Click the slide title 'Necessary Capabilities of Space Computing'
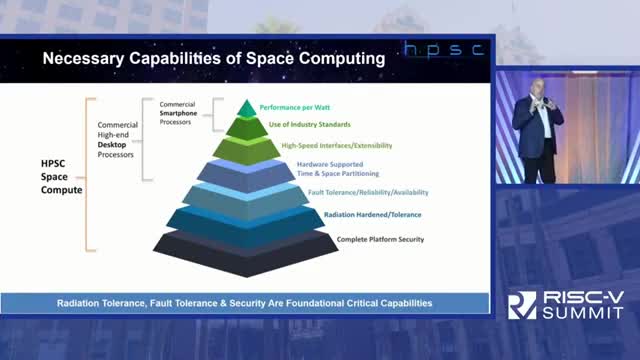pos(212,59)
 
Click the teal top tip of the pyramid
pos(246,109)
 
